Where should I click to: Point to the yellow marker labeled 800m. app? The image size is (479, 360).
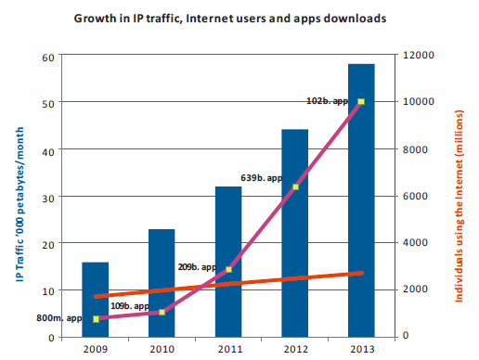click(x=96, y=319)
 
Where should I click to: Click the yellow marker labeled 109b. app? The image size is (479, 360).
click(x=162, y=312)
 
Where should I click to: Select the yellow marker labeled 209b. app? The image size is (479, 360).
click(x=228, y=270)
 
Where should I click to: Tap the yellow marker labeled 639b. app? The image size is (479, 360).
click(x=295, y=187)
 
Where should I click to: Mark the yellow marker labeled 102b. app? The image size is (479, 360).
click(x=361, y=101)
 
